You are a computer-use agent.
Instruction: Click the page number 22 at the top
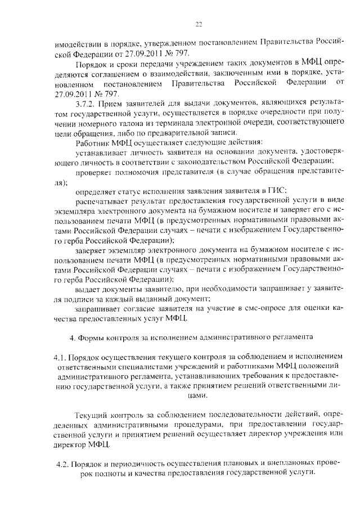coord(199,24)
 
